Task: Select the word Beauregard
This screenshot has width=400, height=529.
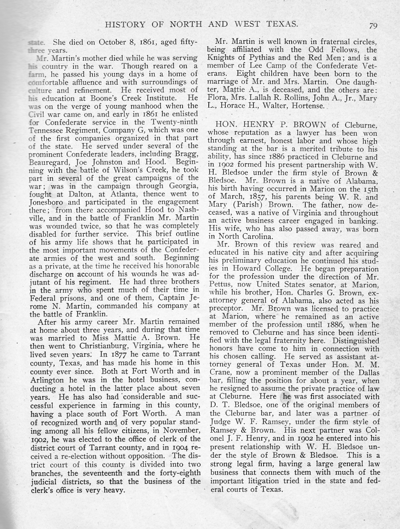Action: [x=48, y=162]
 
